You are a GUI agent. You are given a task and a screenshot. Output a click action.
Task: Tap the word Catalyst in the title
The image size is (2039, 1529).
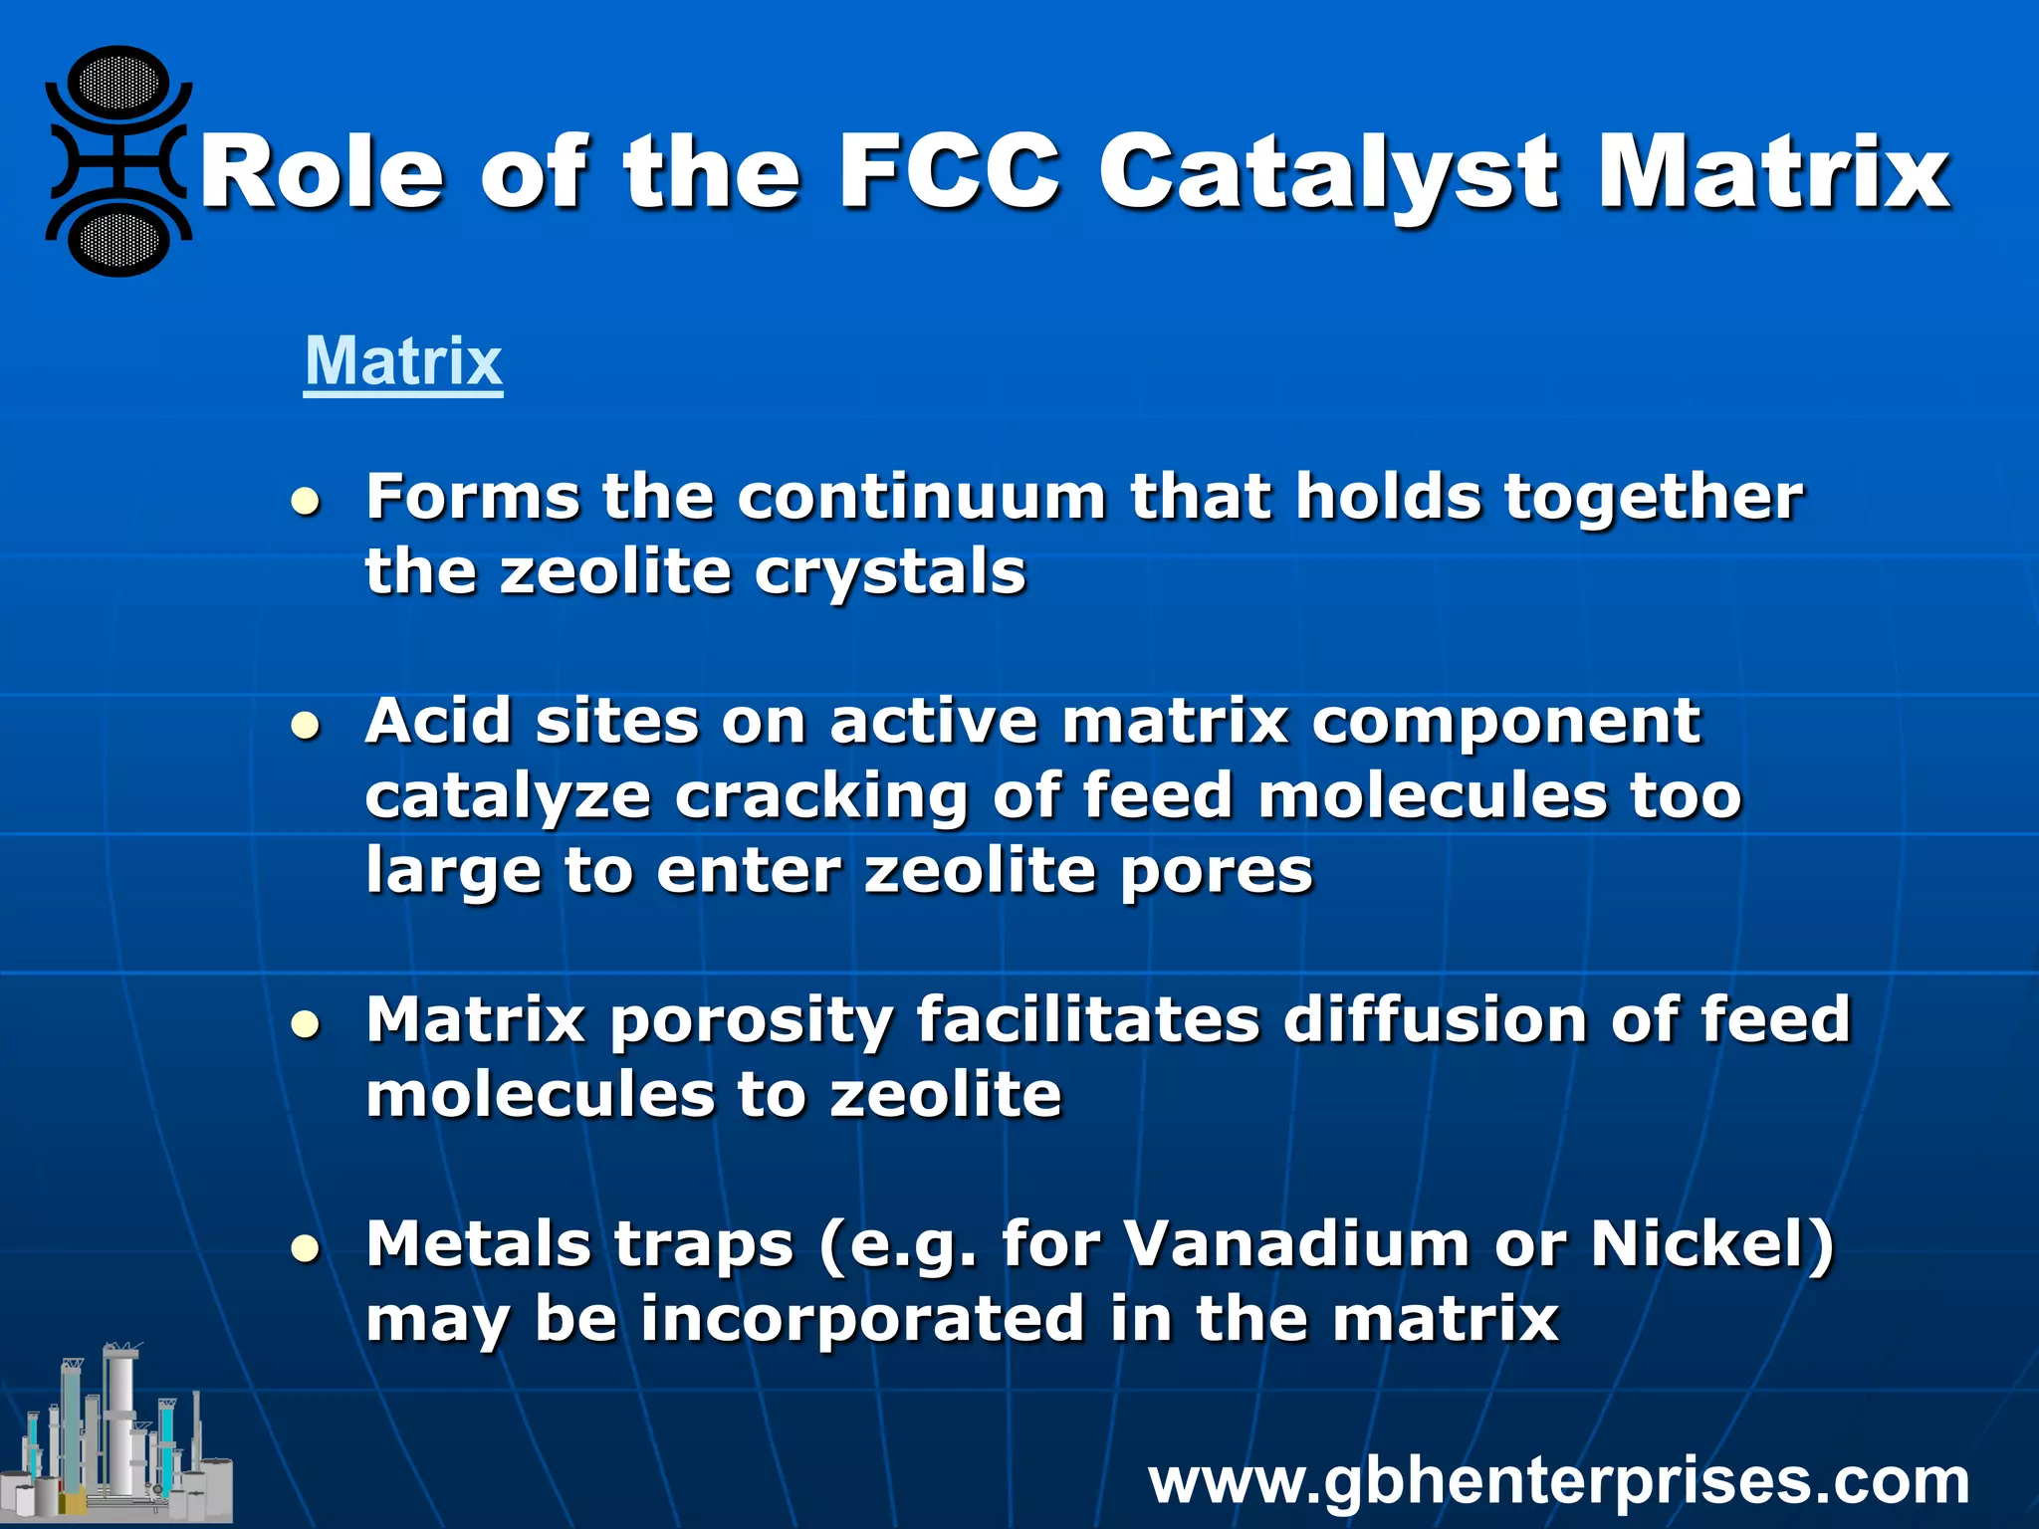(x=1328, y=174)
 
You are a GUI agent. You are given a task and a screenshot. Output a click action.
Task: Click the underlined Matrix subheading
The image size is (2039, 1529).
(x=403, y=361)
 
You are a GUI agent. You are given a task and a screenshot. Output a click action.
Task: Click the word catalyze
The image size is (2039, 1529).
(x=508, y=796)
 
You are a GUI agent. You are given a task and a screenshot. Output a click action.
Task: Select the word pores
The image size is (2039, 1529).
(x=1216, y=872)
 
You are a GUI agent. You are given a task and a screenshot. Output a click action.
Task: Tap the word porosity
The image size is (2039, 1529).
(x=752, y=1021)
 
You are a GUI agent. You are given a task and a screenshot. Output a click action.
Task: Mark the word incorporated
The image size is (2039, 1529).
(x=862, y=1319)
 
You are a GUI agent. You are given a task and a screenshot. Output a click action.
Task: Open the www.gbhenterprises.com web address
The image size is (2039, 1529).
(x=1558, y=1481)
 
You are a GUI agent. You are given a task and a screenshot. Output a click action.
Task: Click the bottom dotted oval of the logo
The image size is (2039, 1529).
(x=119, y=240)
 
